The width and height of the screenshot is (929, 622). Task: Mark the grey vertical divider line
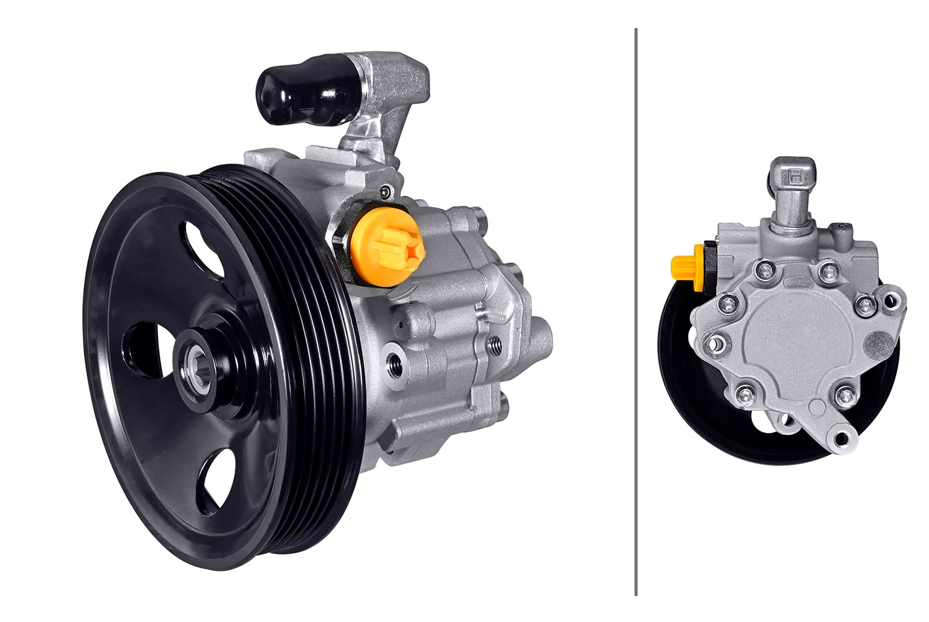point(636,311)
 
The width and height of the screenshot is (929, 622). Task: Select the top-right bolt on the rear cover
point(825,270)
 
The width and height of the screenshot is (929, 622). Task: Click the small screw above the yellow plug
point(386,191)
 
